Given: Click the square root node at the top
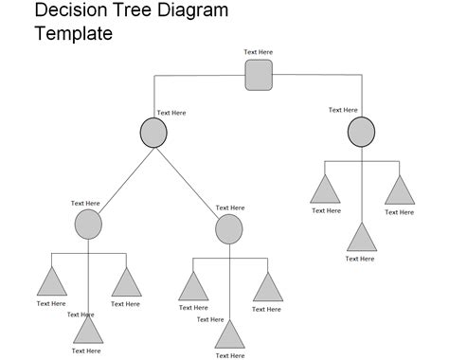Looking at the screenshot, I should [259, 75].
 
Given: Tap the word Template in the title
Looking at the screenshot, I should [74, 34].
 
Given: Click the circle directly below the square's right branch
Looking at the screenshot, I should [361, 132].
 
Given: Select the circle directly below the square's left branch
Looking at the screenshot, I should [153, 133].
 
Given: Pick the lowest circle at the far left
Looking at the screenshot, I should [87, 225].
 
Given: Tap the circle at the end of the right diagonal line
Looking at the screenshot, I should [228, 228].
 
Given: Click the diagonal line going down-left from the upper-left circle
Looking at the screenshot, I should [120, 177].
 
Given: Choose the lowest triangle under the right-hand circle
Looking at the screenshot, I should [361, 237].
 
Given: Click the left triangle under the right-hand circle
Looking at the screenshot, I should [325, 190].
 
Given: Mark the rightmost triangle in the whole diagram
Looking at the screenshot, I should [398, 190].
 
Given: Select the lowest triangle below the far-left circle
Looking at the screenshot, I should [88, 329].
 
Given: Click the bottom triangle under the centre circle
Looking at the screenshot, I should [229, 336].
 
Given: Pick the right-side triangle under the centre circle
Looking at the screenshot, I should [267, 288].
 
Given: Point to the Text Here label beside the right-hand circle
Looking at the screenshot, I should [343, 110].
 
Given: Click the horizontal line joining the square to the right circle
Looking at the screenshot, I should [317, 75].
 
